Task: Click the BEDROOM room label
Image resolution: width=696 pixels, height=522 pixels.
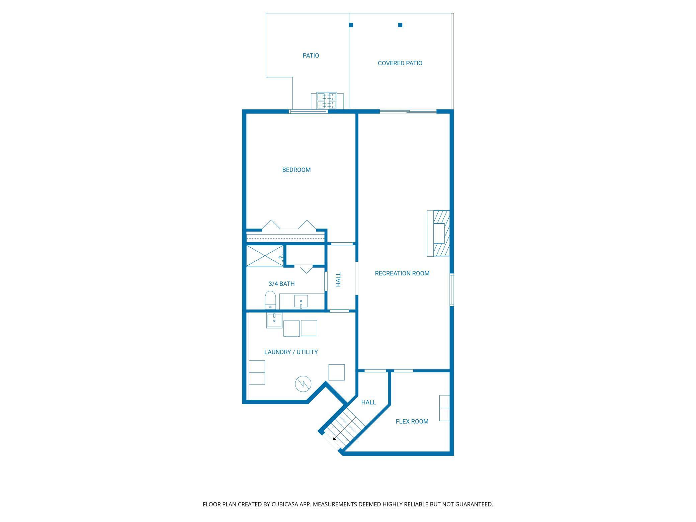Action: pos(296,170)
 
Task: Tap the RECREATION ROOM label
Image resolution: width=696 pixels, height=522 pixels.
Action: pos(402,273)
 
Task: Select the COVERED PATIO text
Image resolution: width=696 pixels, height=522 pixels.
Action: pos(400,63)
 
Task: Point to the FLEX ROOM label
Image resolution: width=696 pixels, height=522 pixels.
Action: pos(412,422)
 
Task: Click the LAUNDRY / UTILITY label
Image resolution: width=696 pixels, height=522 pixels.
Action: pos(291,352)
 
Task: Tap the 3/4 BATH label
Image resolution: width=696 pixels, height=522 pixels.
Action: pos(281,284)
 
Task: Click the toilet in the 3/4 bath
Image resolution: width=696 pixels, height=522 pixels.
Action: pos(270,300)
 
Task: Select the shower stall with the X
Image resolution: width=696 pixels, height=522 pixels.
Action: pos(265,256)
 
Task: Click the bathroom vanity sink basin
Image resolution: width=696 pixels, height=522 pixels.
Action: pos(301,301)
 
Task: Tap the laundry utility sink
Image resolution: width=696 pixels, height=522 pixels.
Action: pos(274,320)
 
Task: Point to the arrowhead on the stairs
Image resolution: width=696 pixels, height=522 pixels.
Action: pos(334,439)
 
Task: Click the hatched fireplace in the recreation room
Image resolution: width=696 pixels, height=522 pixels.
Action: pos(441,233)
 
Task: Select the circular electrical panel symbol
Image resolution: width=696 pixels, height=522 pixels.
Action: pos(303,384)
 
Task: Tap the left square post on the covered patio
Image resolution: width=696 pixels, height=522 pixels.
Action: pos(351,25)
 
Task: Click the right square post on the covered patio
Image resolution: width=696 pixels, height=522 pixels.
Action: pos(400,25)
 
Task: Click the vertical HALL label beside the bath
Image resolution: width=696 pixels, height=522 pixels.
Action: pos(338,279)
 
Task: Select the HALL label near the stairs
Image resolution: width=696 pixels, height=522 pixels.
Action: pos(368,403)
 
